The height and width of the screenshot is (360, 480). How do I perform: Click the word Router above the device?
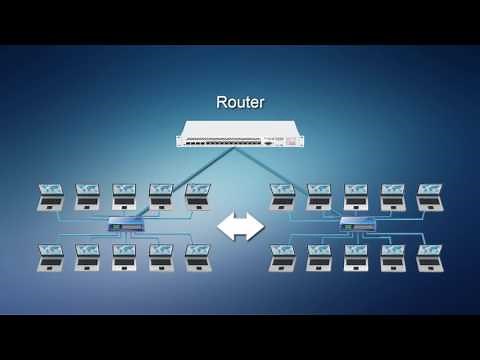point(240,102)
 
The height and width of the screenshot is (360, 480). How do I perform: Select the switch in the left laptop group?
point(125,224)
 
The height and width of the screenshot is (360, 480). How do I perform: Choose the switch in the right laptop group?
point(355,224)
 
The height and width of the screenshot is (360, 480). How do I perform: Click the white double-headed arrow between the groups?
point(240,227)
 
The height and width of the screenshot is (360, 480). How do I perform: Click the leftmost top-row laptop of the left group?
point(52,194)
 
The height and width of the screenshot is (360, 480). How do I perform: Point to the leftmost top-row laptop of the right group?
point(283,194)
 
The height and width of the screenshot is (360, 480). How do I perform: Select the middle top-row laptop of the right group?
point(355,194)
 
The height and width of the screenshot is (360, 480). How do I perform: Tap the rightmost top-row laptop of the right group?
point(428,194)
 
